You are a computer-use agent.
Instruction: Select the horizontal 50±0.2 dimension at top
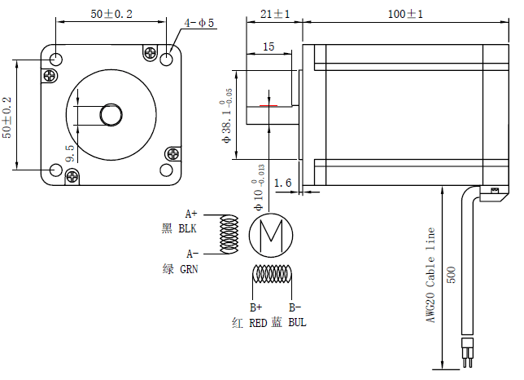pos(111,14)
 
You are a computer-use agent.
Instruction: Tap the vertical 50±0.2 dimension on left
pos(7,117)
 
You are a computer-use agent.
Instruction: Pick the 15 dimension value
pos(269,47)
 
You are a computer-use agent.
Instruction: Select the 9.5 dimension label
pos(70,154)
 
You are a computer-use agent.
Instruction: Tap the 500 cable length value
pos(452,272)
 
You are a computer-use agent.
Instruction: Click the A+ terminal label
pos(193,214)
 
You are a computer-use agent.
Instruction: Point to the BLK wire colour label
pos(188,229)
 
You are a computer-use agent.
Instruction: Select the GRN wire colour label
pos(189,268)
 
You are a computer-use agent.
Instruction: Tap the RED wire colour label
pos(258,323)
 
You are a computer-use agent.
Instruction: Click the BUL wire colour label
pos(297,323)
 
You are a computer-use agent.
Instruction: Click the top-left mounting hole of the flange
pos(55,60)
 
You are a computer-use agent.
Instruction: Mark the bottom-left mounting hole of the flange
pos(55,170)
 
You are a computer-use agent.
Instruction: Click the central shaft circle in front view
pos(111,114)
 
